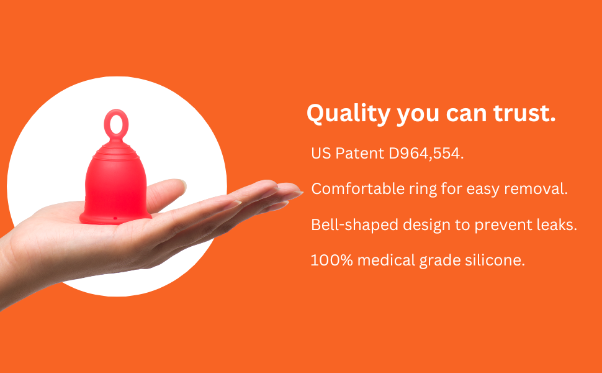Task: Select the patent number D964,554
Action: (426, 154)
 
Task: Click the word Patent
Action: (361, 154)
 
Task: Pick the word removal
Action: (538, 189)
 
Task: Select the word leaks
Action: (557, 225)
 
